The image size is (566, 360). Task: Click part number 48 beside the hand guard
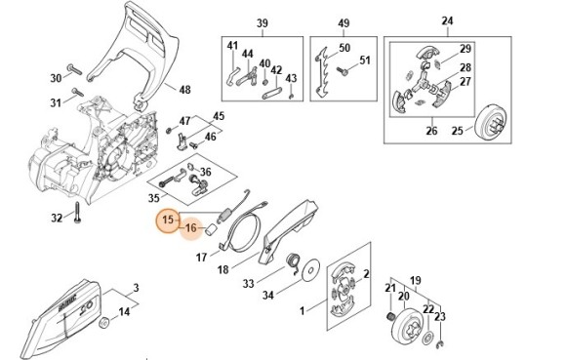pyautogui.click(x=185, y=90)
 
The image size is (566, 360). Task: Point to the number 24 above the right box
pyautogui.click(x=447, y=21)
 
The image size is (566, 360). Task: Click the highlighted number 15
pyautogui.click(x=168, y=220)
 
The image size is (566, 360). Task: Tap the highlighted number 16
pyautogui.click(x=191, y=228)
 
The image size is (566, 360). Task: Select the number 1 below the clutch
pyautogui.click(x=302, y=311)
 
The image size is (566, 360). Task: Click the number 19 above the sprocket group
pyautogui.click(x=415, y=277)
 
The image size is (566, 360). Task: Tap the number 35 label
pyautogui.click(x=153, y=196)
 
